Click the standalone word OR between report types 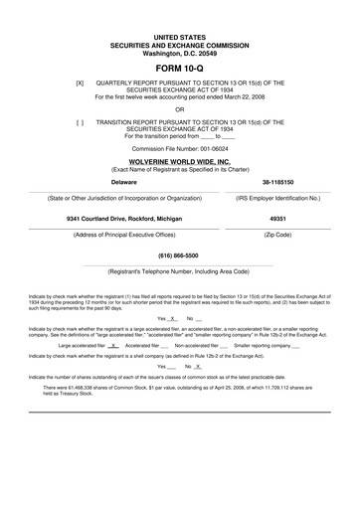coord(180,110)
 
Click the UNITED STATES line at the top coord(180,34)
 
